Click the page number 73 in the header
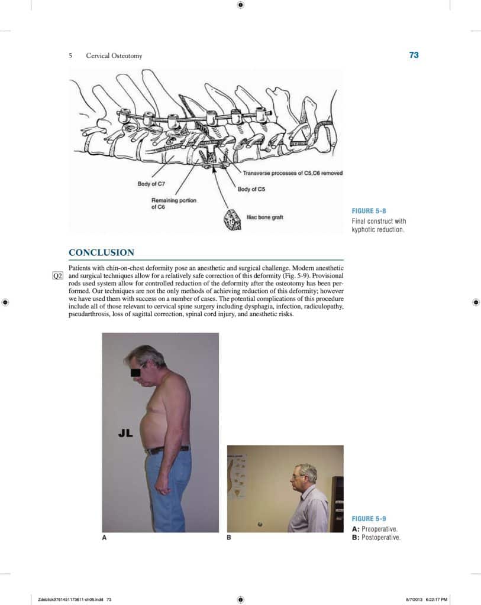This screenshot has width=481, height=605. point(414,55)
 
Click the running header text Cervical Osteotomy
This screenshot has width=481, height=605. point(114,56)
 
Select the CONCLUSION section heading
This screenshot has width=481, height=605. point(101,253)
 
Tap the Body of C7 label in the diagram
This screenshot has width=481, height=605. point(151,184)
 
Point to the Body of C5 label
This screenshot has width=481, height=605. point(251,189)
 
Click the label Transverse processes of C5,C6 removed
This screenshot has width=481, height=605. point(292,173)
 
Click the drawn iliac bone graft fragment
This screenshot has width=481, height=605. point(228,219)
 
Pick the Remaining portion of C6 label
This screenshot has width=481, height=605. point(174,204)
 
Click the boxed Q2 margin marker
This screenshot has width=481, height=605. point(57,276)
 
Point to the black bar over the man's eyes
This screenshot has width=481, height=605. point(135,372)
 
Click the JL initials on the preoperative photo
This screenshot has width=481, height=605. point(125,433)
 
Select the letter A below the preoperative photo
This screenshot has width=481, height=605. point(105,538)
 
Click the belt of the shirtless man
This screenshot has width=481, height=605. point(168,450)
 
